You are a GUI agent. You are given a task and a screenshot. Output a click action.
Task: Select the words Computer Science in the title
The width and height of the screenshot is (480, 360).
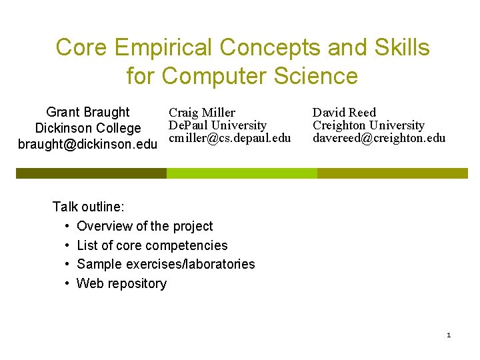pos(259,76)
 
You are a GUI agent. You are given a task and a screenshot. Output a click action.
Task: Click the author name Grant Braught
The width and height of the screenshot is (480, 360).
pos(88,112)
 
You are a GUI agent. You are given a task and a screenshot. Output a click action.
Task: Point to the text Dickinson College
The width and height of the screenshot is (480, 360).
pos(88,128)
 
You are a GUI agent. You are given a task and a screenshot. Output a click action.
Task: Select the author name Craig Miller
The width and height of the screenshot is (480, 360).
pos(202,113)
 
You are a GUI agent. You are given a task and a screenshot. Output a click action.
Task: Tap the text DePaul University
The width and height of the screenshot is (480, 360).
pos(217,125)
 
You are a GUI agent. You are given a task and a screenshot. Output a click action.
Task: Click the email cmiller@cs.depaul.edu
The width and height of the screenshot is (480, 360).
pos(230,138)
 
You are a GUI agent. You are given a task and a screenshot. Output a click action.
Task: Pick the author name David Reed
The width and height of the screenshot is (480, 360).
pos(345,113)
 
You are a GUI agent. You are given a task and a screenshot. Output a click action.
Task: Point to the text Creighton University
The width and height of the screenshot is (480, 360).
pos(369,125)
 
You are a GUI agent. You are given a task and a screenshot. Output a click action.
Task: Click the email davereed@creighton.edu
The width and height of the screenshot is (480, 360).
pos(379,138)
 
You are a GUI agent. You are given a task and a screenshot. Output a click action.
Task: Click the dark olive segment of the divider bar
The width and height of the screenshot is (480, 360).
pos(91,173)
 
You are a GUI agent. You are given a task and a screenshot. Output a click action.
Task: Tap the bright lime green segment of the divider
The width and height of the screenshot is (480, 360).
pos(241,173)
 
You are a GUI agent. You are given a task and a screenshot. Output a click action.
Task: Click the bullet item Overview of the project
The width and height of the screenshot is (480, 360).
pos(145,226)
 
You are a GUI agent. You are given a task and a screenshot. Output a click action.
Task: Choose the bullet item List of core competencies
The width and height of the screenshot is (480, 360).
pos(152,245)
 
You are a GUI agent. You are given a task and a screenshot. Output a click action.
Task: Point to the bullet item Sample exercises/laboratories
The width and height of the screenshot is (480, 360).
pos(165,264)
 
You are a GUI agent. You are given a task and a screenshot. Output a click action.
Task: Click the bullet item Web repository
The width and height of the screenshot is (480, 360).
pos(121,283)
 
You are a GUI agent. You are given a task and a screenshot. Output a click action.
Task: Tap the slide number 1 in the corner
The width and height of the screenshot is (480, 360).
pos(449,335)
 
